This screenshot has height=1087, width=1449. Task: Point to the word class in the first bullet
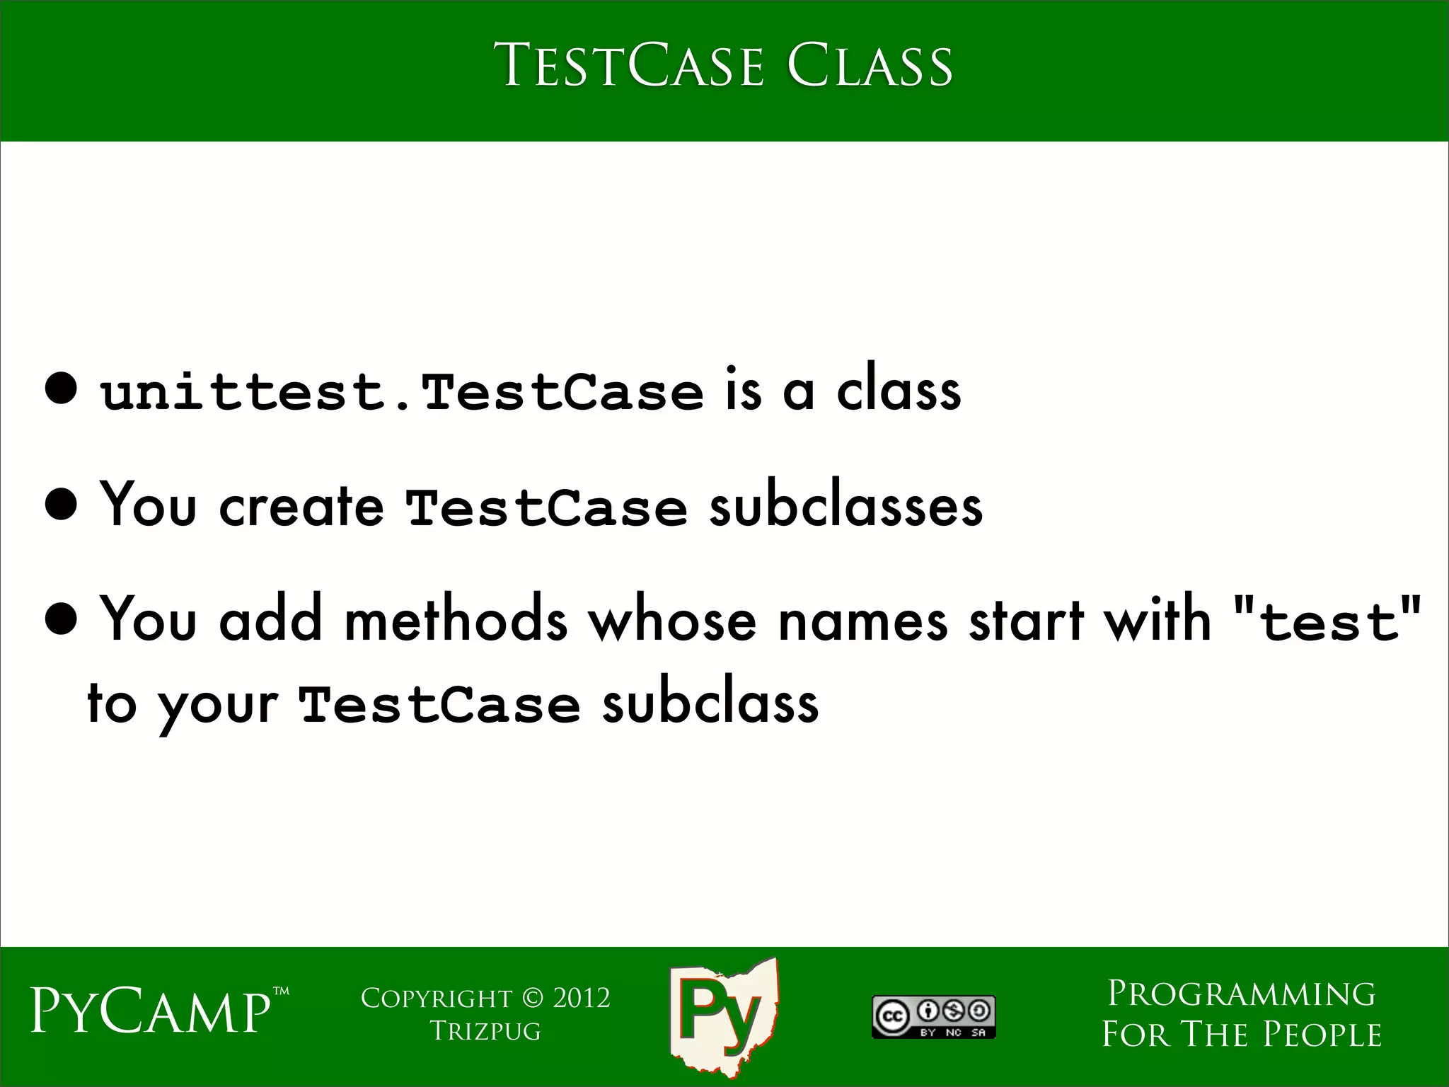[x=899, y=390]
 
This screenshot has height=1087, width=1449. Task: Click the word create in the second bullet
[x=302, y=505]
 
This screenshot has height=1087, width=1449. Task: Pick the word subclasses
[x=845, y=505]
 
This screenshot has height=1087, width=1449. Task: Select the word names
[x=862, y=619]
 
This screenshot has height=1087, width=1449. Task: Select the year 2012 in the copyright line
[x=582, y=998]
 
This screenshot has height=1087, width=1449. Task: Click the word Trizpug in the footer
[x=485, y=1030]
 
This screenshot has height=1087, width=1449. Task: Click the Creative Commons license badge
[x=933, y=1017]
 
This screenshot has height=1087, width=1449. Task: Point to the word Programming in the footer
[x=1242, y=994]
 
